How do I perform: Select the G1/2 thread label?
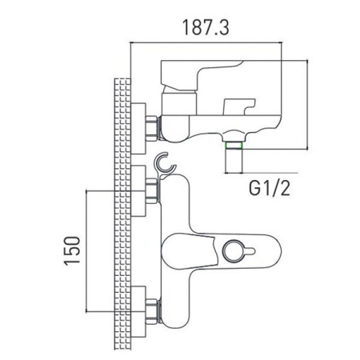pyautogui.click(x=266, y=190)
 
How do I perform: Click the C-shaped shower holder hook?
pyautogui.click(x=166, y=163)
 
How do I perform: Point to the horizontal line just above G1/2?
pyautogui.click(x=269, y=173)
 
